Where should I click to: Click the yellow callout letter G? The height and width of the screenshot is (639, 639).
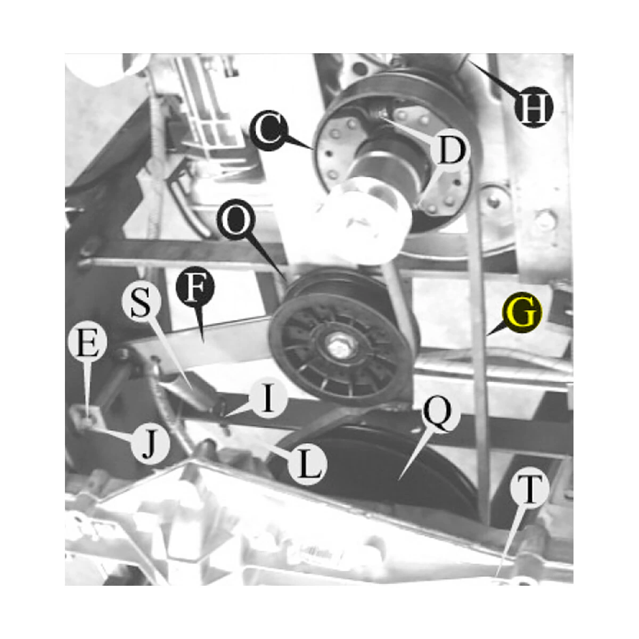pyautogui.click(x=522, y=313)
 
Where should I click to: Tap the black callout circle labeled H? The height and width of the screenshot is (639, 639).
pyautogui.click(x=534, y=107)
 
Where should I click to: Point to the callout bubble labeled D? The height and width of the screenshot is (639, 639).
pyautogui.click(x=449, y=149)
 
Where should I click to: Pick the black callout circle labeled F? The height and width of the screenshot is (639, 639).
pyautogui.click(x=195, y=287)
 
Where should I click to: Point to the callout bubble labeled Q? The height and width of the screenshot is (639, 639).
pyautogui.click(x=441, y=414)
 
